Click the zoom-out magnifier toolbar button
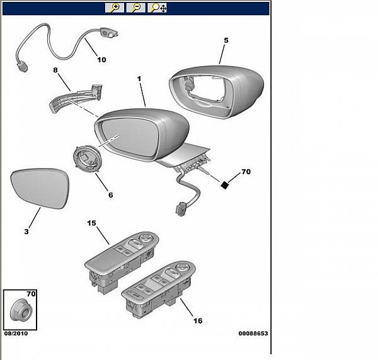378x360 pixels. [135, 8]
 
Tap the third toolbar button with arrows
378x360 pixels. [157, 8]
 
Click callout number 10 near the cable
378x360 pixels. [101, 60]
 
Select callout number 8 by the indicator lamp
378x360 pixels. [55, 72]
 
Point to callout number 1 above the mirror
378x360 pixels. [140, 80]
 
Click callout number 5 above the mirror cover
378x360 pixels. [225, 40]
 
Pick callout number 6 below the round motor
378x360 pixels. [110, 194]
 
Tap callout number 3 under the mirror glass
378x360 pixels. [26, 232]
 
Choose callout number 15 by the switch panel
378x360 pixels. [91, 223]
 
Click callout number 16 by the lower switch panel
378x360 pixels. [197, 320]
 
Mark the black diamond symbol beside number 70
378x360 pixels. [224, 184]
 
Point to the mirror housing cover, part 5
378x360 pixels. [217, 91]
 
